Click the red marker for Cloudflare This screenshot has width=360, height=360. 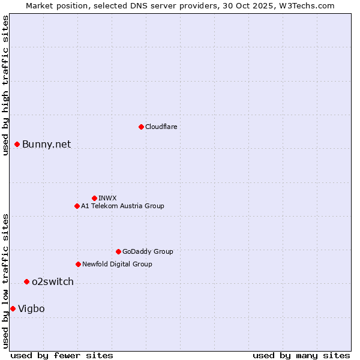[141, 127]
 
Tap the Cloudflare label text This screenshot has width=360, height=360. [161, 127]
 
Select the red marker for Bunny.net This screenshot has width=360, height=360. [17, 144]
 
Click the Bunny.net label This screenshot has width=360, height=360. [46, 144]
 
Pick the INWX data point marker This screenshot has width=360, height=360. [94, 198]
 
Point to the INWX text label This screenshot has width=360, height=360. [107, 199]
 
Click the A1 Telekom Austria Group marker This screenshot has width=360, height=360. [77, 206]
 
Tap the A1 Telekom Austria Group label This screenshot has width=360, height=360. [122, 206]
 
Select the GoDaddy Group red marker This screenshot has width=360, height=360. [118, 251]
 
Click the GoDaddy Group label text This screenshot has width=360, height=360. [147, 252]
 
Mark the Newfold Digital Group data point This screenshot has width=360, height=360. [78, 264]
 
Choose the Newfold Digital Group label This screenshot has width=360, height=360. [117, 265]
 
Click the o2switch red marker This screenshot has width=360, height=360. [26, 281]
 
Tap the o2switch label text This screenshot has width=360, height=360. [52, 282]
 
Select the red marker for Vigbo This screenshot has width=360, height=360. [13, 308]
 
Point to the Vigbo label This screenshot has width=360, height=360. [31, 309]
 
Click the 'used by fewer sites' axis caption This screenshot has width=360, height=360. [62, 355]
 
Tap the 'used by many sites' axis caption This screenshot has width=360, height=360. [301, 355]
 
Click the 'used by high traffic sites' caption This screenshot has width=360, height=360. [6, 86]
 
